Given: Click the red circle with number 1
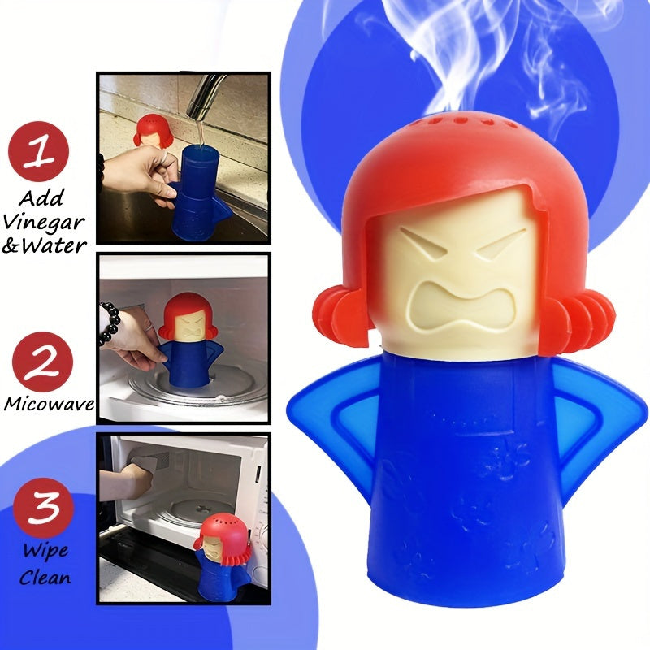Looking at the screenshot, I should (x=38, y=151).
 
